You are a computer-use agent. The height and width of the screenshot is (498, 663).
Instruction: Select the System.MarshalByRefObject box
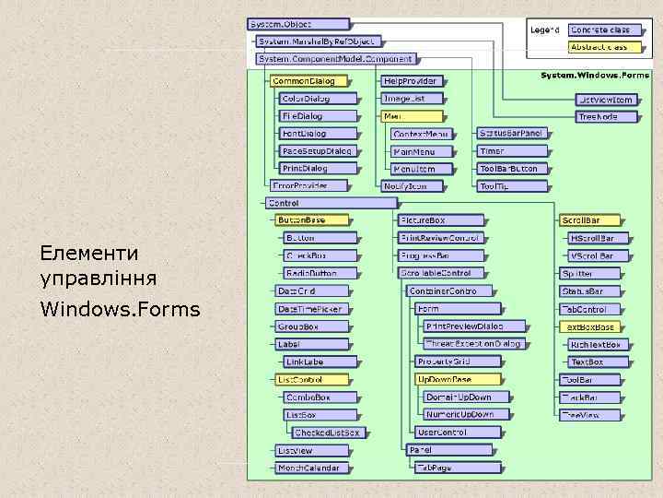click(317, 41)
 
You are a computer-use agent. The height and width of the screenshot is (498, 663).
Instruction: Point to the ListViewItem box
click(606, 100)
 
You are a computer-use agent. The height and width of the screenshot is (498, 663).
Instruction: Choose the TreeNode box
click(606, 117)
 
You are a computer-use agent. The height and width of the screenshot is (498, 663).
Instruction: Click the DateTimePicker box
click(310, 309)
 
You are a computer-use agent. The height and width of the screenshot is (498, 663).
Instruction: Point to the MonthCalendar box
click(310, 468)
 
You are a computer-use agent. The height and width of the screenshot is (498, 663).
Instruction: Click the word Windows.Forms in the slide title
click(120, 308)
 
